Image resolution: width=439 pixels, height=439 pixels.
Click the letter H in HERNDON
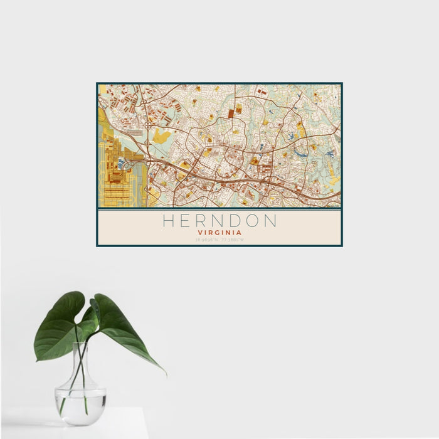pyautogui.click(x=169, y=221)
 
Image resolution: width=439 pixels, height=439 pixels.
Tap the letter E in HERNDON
pyautogui.click(x=187, y=221)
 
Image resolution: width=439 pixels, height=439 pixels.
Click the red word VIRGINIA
pyautogui.click(x=219, y=232)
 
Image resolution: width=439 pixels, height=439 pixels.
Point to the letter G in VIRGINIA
pyautogui.click(x=219, y=232)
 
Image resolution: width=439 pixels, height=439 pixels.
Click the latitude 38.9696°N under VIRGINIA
pyautogui.click(x=207, y=239)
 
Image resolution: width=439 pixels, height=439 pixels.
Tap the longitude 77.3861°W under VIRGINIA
pyautogui.click(x=232, y=239)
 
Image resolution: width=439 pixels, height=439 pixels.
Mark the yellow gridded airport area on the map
pyautogui.click(x=116, y=182)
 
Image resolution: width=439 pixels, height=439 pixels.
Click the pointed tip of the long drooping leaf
pyautogui.click(x=166, y=374)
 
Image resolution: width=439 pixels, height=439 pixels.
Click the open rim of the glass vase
pyautogui.click(x=80, y=344)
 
